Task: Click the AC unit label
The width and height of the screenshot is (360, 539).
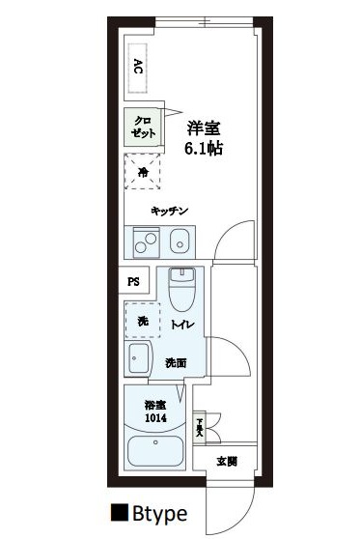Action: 139,67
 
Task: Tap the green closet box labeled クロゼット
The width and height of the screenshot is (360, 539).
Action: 141,127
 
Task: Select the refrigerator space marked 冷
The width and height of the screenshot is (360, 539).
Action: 142,173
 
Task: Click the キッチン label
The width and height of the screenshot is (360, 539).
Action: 168,212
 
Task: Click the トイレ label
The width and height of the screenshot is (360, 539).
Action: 184,326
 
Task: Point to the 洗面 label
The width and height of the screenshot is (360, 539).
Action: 176,363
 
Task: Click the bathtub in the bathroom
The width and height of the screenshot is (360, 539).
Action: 156,451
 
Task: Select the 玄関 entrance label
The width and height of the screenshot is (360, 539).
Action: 227,460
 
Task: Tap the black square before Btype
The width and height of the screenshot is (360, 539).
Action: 120,512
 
